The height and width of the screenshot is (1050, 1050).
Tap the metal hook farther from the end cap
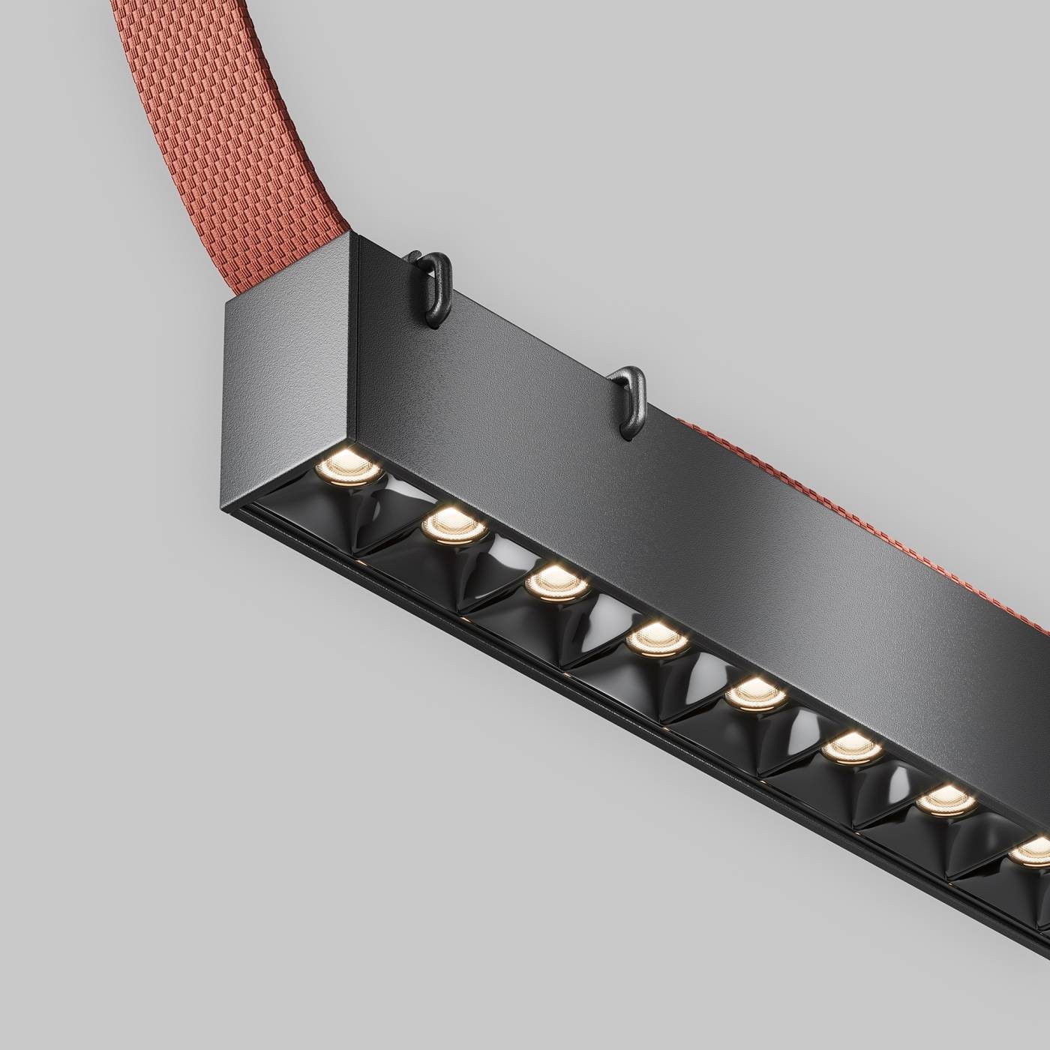point(628,397)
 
